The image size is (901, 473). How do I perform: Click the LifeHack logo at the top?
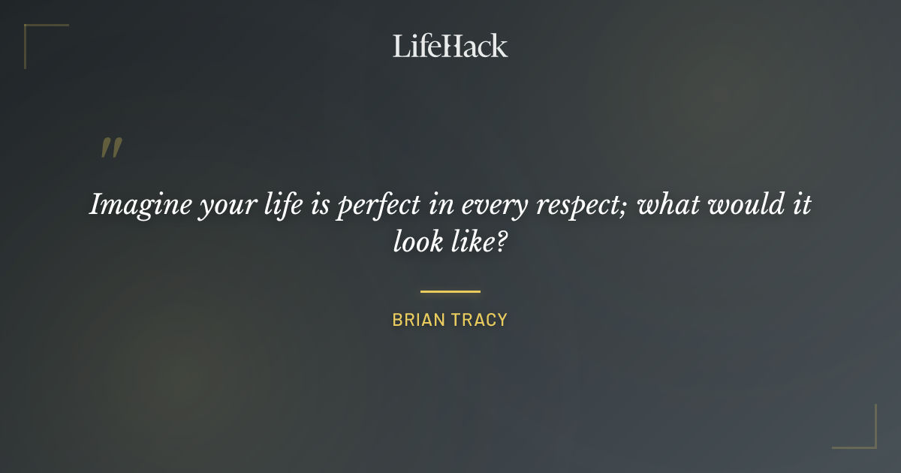tap(450, 46)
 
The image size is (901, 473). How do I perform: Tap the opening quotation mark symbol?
tap(110, 149)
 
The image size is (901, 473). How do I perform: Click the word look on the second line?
tap(419, 242)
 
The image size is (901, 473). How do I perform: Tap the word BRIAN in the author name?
tap(417, 321)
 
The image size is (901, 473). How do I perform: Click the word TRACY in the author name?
tap(478, 321)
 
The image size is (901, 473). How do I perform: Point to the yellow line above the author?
tap(450, 291)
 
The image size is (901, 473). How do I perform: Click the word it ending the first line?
tap(801, 204)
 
